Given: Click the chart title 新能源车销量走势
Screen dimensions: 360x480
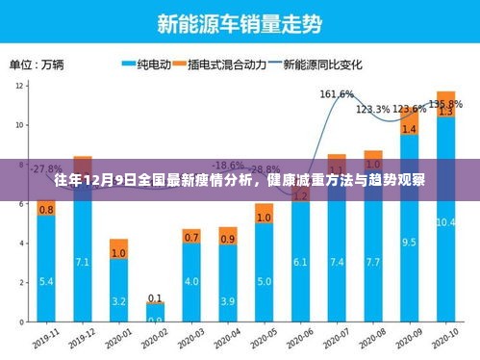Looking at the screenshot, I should pos(241,20).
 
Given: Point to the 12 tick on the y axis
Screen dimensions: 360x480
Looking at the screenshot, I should pos(20,86).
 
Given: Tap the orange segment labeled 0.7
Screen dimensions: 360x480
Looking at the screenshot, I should pos(191,236).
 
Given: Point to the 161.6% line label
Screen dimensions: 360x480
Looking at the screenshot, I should pos(336,93).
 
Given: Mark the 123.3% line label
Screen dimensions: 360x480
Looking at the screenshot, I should pos(373,109).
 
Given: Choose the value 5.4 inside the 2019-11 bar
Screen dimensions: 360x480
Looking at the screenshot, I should pos(46,282).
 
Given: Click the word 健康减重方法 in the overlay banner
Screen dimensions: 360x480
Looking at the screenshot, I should pos(313,178).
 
